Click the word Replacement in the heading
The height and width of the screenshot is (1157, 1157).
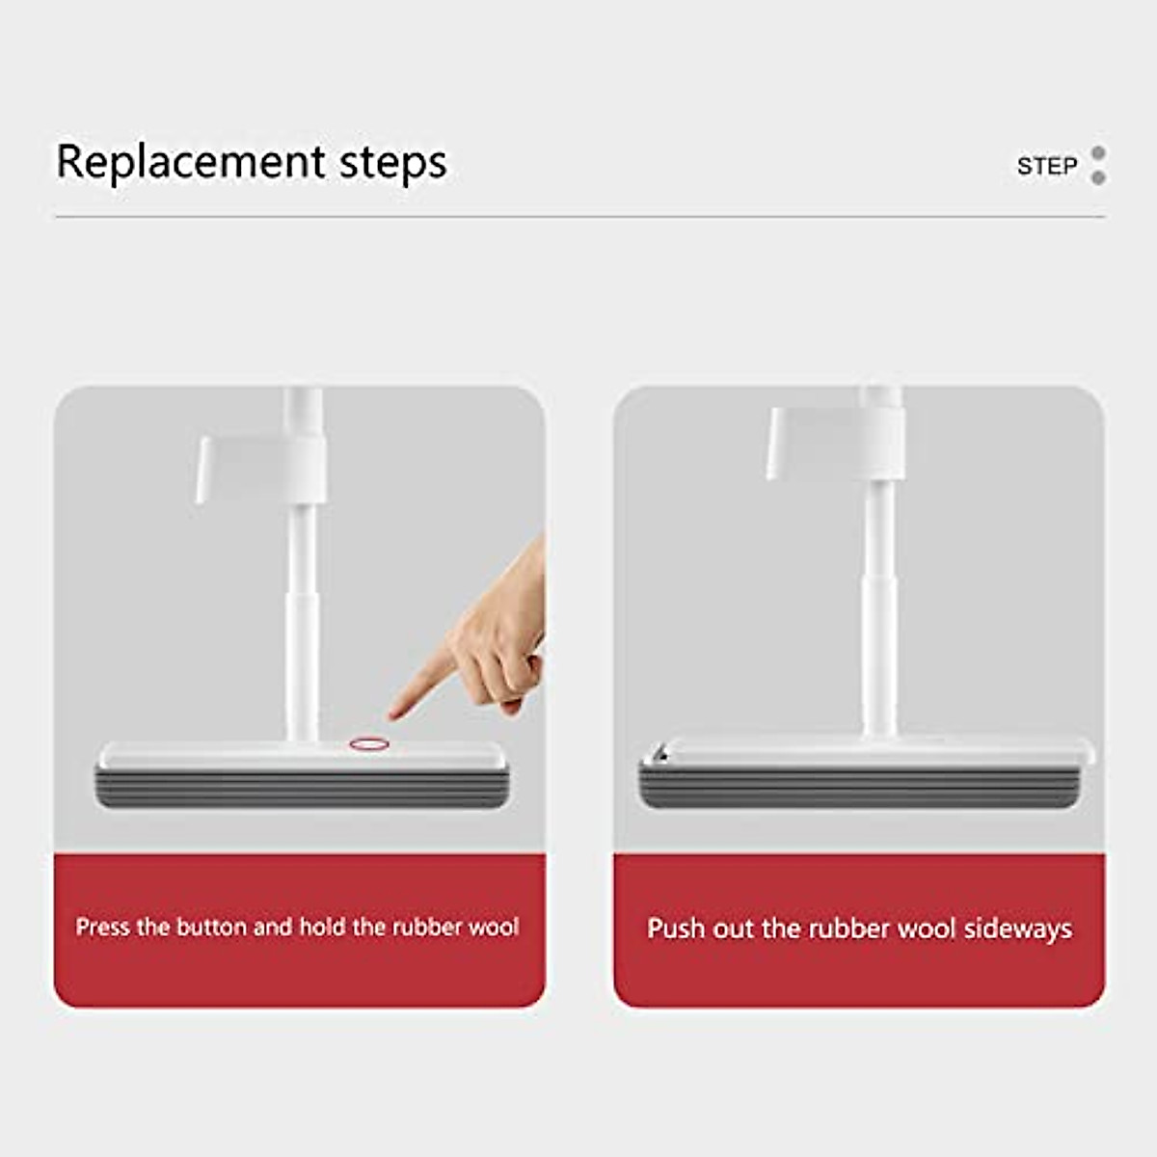[191, 162]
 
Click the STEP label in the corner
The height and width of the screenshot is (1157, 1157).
[1046, 166]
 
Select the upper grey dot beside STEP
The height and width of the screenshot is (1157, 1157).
[1097, 153]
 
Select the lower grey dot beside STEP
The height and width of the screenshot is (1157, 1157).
[1097, 177]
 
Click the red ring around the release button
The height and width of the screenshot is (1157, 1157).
[367, 743]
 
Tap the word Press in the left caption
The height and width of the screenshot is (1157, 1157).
[102, 928]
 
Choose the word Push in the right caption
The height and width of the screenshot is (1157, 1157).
[677, 928]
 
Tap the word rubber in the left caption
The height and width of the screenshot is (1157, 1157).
[426, 928]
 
